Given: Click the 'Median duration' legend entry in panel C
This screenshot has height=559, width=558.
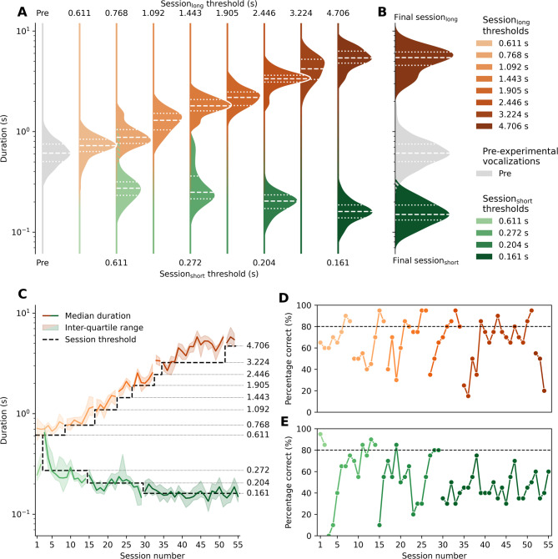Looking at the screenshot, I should tap(97, 316).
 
